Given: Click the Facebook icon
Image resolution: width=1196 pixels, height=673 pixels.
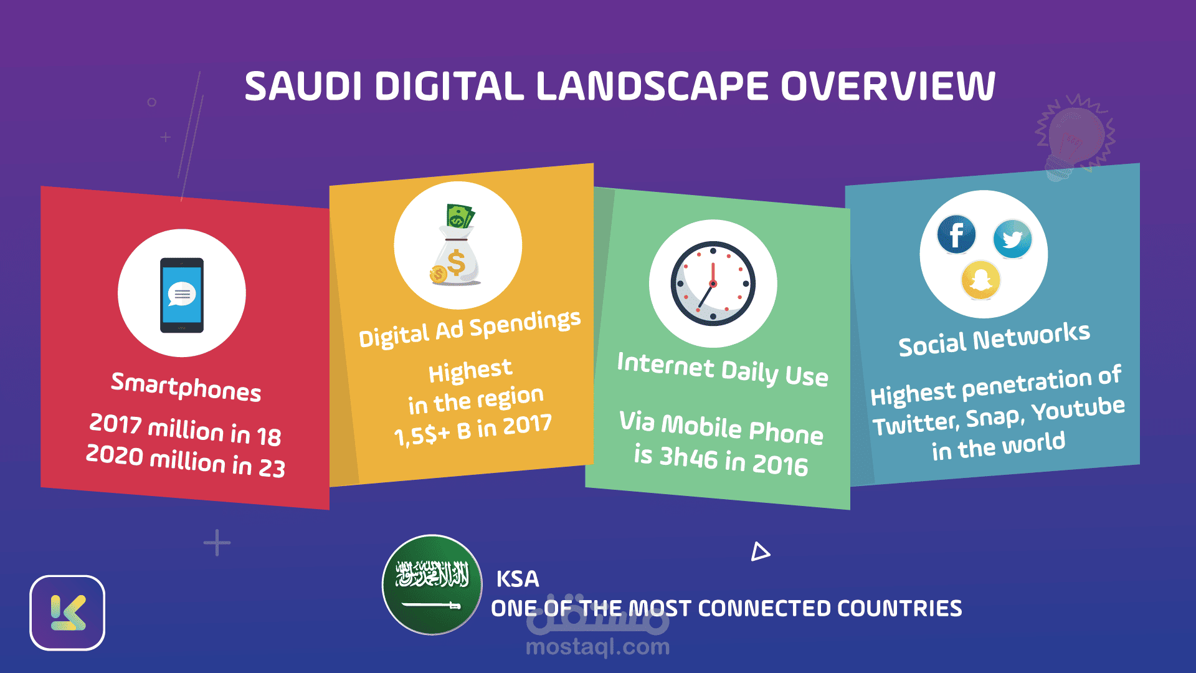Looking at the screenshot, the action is click(x=956, y=235).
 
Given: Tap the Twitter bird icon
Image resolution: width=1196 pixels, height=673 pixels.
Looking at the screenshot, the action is click(x=1012, y=239).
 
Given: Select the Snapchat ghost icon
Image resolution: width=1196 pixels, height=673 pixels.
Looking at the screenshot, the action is click(x=981, y=280).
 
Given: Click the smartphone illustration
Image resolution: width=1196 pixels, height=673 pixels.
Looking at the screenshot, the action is click(x=182, y=295).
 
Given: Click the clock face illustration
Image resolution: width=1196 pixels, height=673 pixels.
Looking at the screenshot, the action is click(x=713, y=284).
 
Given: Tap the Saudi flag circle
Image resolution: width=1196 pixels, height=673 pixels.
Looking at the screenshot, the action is click(x=432, y=585).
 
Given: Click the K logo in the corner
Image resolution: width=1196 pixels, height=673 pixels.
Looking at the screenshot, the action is click(x=67, y=613).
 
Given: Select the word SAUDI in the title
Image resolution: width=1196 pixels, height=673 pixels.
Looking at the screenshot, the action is click(x=303, y=86).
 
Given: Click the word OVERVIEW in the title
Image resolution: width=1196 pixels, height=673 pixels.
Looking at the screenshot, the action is click(x=888, y=86).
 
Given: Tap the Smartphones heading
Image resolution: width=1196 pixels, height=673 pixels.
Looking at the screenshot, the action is click(x=186, y=387).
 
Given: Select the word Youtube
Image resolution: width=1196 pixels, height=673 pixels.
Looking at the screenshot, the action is click(x=1078, y=409).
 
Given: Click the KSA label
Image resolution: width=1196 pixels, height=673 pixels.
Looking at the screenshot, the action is click(x=518, y=579).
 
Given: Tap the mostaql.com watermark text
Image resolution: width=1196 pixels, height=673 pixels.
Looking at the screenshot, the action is click(x=598, y=647).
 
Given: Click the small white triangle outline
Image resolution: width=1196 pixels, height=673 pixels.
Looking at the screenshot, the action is click(x=759, y=552).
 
